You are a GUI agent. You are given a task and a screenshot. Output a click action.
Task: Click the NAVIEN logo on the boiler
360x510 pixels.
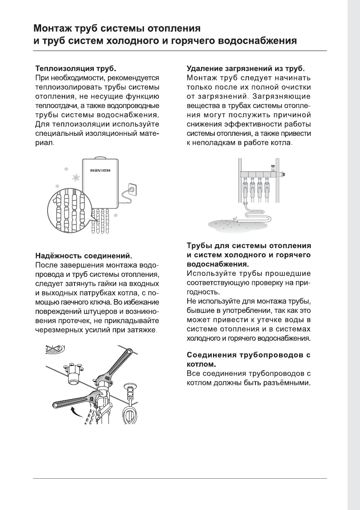100,170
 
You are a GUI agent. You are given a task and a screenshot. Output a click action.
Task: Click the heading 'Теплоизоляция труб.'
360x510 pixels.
75,69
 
